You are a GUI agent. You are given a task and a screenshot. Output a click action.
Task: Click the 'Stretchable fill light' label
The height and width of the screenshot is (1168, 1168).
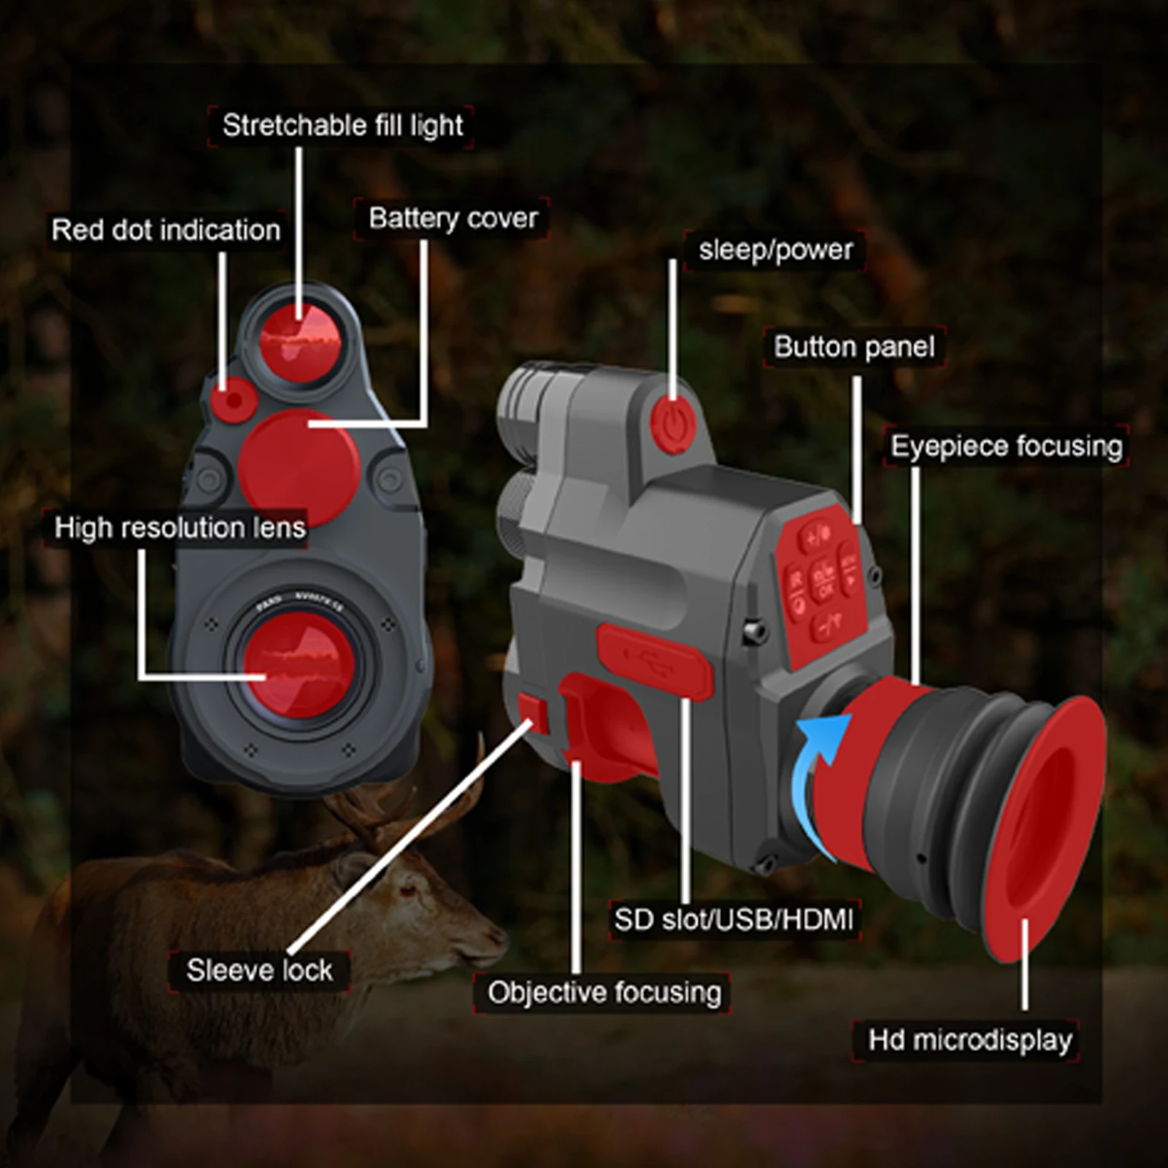tap(342, 126)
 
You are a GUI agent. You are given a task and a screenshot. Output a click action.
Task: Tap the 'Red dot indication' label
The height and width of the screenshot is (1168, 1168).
tap(166, 231)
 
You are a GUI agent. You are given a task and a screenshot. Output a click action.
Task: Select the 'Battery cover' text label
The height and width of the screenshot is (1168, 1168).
tap(453, 218)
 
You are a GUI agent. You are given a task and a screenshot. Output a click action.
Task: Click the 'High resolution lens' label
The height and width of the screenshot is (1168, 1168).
tap(180, 528)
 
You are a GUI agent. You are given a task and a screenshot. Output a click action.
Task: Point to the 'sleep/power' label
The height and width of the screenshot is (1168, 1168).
tap(775, 250)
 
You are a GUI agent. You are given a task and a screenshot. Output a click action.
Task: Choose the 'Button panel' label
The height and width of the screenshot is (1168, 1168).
tap(854, 347)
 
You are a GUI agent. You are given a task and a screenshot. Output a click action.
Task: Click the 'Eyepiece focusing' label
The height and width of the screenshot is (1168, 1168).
tap(1007, 446)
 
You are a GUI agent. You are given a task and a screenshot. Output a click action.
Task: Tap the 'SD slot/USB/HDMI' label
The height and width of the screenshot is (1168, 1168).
tap(733, 920)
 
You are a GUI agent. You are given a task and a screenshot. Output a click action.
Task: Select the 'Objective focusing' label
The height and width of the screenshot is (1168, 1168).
tap(604, 993)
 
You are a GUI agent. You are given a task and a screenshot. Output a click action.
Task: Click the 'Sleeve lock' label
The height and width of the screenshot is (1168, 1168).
tap(259, 971)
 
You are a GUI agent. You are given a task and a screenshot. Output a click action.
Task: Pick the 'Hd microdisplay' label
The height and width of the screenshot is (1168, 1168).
tap(969, 1040)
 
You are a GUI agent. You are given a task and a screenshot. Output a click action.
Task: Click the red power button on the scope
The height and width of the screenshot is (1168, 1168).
tap(672, 423)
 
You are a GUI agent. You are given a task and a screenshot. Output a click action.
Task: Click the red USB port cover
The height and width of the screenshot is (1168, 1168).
tap(655, 661)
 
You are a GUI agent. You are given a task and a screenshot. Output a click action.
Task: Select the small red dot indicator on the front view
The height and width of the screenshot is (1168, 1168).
tap(233, 401)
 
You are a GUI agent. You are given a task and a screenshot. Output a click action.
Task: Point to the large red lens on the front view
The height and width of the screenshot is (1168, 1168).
tap(299, 665)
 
